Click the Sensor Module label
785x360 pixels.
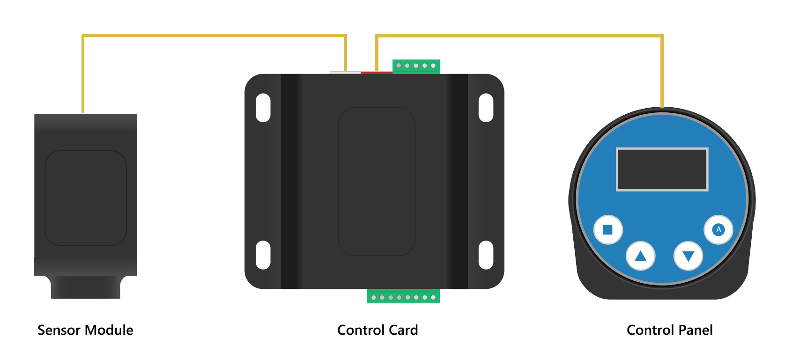point(85,331)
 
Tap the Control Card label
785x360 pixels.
point(378,331)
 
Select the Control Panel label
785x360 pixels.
point(669,331)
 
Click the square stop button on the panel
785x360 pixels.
point(607,229)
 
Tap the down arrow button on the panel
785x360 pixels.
point(688,256)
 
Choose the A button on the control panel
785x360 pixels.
point(718,229)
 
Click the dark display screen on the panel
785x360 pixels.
point(662,169)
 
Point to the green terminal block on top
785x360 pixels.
point(416,66)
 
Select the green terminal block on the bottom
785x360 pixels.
point(403,297)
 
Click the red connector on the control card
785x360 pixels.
point(376,73)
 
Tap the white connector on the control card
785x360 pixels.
point(345,73)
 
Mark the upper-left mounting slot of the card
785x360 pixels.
point(263,108)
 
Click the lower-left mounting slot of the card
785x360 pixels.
point(263,255)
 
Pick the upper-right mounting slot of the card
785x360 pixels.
point(486,108)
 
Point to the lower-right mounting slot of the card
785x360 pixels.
point(486,255)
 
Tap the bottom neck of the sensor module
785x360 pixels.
point(86,287)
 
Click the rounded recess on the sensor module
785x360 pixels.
point(86,198)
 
